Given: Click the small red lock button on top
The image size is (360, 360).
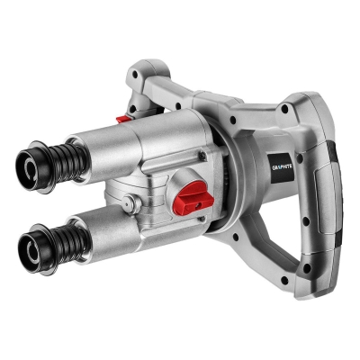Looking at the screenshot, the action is [x=124, y=119].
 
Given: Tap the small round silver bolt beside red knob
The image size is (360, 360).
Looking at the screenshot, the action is [x=131, y=203].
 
